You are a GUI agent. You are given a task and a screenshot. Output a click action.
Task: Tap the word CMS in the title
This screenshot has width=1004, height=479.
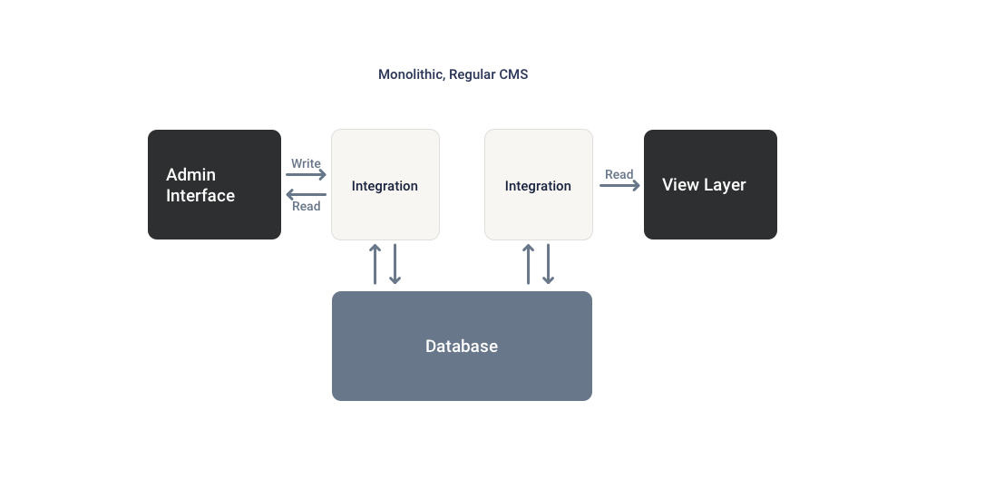coord(513,74)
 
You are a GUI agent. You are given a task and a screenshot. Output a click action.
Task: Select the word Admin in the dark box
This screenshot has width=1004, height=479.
coord(190,174)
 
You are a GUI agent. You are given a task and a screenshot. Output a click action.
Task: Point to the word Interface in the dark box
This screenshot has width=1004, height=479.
coord(200,196)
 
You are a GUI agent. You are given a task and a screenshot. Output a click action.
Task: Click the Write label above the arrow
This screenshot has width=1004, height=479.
coord(306,164)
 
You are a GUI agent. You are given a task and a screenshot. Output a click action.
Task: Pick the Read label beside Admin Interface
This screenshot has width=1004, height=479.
coord(307,206)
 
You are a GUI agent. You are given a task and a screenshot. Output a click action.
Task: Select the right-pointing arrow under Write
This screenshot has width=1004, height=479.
coord(307,175)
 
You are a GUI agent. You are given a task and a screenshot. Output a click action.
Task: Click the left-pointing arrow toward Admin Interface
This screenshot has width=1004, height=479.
coord(307,194)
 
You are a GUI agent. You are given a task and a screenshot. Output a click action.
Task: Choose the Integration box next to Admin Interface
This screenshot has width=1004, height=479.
coord(385,185)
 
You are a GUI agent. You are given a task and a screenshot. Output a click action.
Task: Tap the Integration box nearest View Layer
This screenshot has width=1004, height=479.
coord(538,185)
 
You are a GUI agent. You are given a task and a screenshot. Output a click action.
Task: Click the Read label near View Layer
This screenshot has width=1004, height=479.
coord(619,174)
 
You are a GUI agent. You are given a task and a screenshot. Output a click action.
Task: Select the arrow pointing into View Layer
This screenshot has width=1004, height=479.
coord(619,185)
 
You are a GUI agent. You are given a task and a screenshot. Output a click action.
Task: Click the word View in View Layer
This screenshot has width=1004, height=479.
coord(680,185)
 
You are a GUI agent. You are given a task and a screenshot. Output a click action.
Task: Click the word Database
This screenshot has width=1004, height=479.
coord(462,347)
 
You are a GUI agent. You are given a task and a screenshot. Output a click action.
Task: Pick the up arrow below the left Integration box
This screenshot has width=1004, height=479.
coord(375,264)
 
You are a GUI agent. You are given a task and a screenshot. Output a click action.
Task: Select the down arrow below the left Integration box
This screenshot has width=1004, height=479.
coord(395,264)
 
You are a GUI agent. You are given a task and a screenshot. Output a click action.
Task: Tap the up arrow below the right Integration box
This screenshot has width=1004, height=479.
coord(529,264)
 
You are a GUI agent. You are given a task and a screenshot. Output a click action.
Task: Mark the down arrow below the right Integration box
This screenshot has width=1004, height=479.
coord(549,264)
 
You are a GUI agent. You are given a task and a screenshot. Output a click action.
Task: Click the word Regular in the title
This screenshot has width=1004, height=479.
coord(472,74)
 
